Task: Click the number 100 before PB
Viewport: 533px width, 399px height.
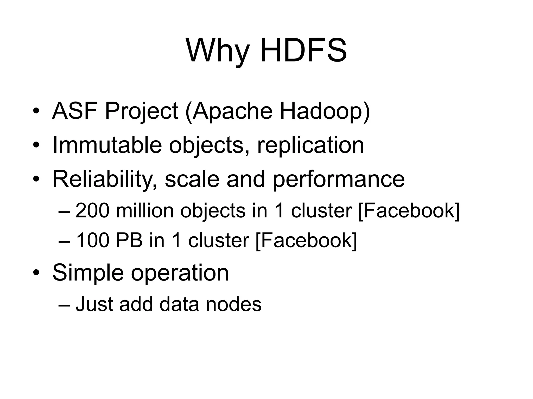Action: pyautogui.click(x=92, y=240)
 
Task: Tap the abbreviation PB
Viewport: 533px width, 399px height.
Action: pyautogui.click(x=129, y=240)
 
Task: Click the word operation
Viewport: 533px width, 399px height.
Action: pyautogui.click(x=180, y=273)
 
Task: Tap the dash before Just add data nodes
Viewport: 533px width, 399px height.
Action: pyautogui.click(x=64, y=304)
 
